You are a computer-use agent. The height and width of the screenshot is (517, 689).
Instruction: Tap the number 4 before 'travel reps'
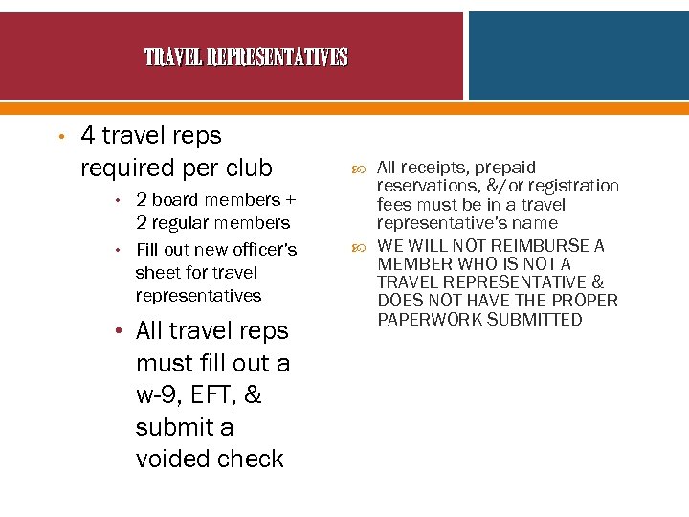tap(88, 136)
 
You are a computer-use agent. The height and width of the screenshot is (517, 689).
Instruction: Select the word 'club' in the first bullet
tap(248, 169)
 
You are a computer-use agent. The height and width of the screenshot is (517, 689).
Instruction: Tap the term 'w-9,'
tap(165, 395)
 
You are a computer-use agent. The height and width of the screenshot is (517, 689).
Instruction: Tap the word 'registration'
tap(570, 186)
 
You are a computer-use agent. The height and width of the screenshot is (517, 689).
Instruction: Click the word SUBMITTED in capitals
tap(534, 320)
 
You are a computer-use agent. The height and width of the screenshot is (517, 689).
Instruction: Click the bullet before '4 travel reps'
tap(59, 137)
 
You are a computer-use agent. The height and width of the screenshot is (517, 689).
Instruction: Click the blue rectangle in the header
tap(578, 56)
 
